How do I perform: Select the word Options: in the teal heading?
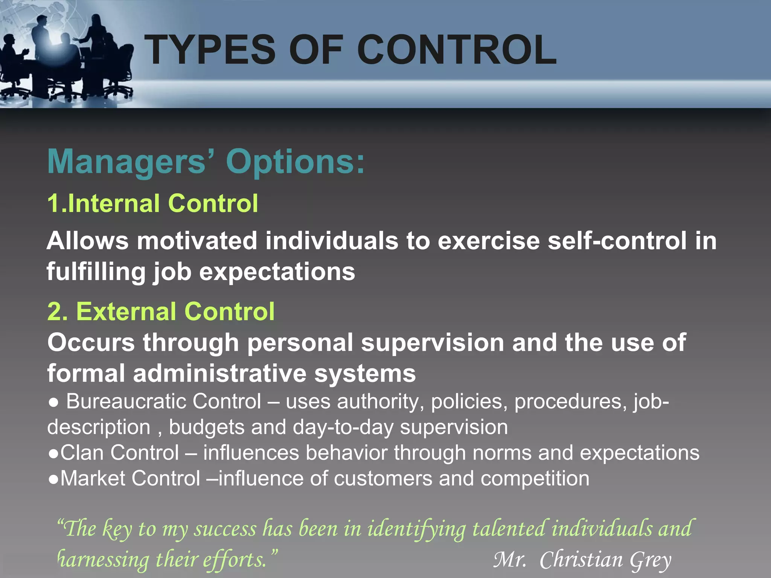(296, 162)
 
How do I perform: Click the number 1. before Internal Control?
(56, 204)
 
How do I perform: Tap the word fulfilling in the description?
(96, 272)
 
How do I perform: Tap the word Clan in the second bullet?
(82, 453)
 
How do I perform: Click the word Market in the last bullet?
(93, 479)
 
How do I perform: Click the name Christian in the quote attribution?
(581, 560)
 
